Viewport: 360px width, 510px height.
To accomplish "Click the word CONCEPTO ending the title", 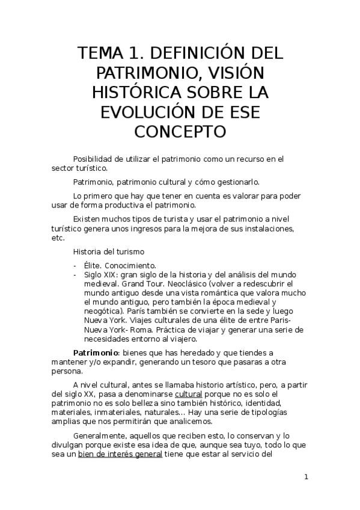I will pos(180,131).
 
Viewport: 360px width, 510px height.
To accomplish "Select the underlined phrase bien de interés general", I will pos(120,454).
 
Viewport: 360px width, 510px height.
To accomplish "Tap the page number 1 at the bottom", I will pos(306,477).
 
